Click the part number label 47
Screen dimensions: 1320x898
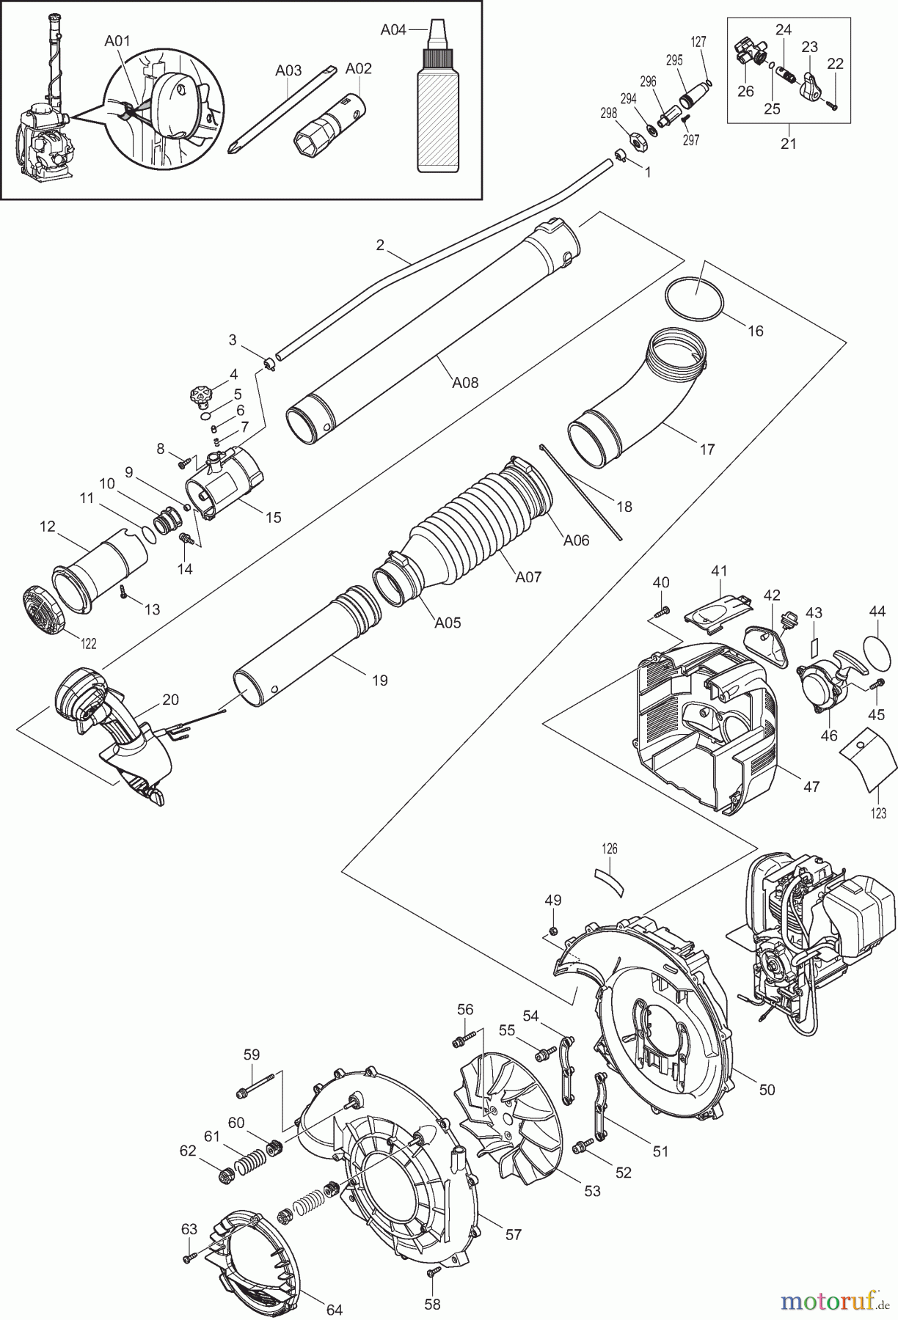[811, 787]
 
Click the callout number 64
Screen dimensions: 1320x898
[334, 1309]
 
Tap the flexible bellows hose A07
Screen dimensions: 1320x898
[470, 528]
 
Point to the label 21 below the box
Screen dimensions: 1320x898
[788, 143]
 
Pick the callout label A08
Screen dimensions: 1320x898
[464, 381]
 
